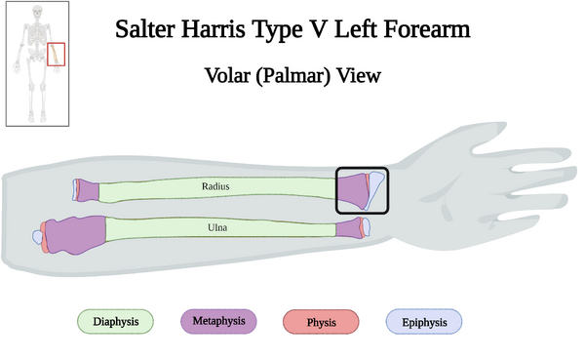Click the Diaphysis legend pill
pos(116,321)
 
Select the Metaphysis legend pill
pos(218,320)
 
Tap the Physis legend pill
pos(321,321)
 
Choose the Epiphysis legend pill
pos(424,321)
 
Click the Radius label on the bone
pos(215,184)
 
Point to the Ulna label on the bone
pos(218,227)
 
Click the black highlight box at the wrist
pos(362,190)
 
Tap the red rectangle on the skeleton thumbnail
pos(57,54)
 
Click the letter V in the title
pos(338,29)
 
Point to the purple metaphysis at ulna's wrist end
pos(349,228)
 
